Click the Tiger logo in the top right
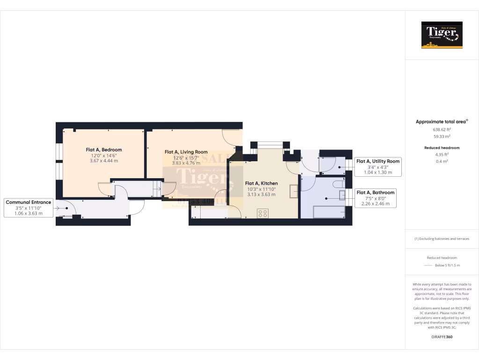coord(442,35)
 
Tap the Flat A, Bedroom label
coord(103,150)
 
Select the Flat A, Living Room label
coord(186,152)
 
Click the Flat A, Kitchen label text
coord(261,183)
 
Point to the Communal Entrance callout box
coord(29,208)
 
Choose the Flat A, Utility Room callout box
coord(378,166)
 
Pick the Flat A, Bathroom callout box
coord(376,198)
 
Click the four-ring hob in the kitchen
coord(263,213)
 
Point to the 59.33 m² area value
coord(442,136)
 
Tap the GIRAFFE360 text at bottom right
coord(442,337)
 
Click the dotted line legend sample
coord(428,265)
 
